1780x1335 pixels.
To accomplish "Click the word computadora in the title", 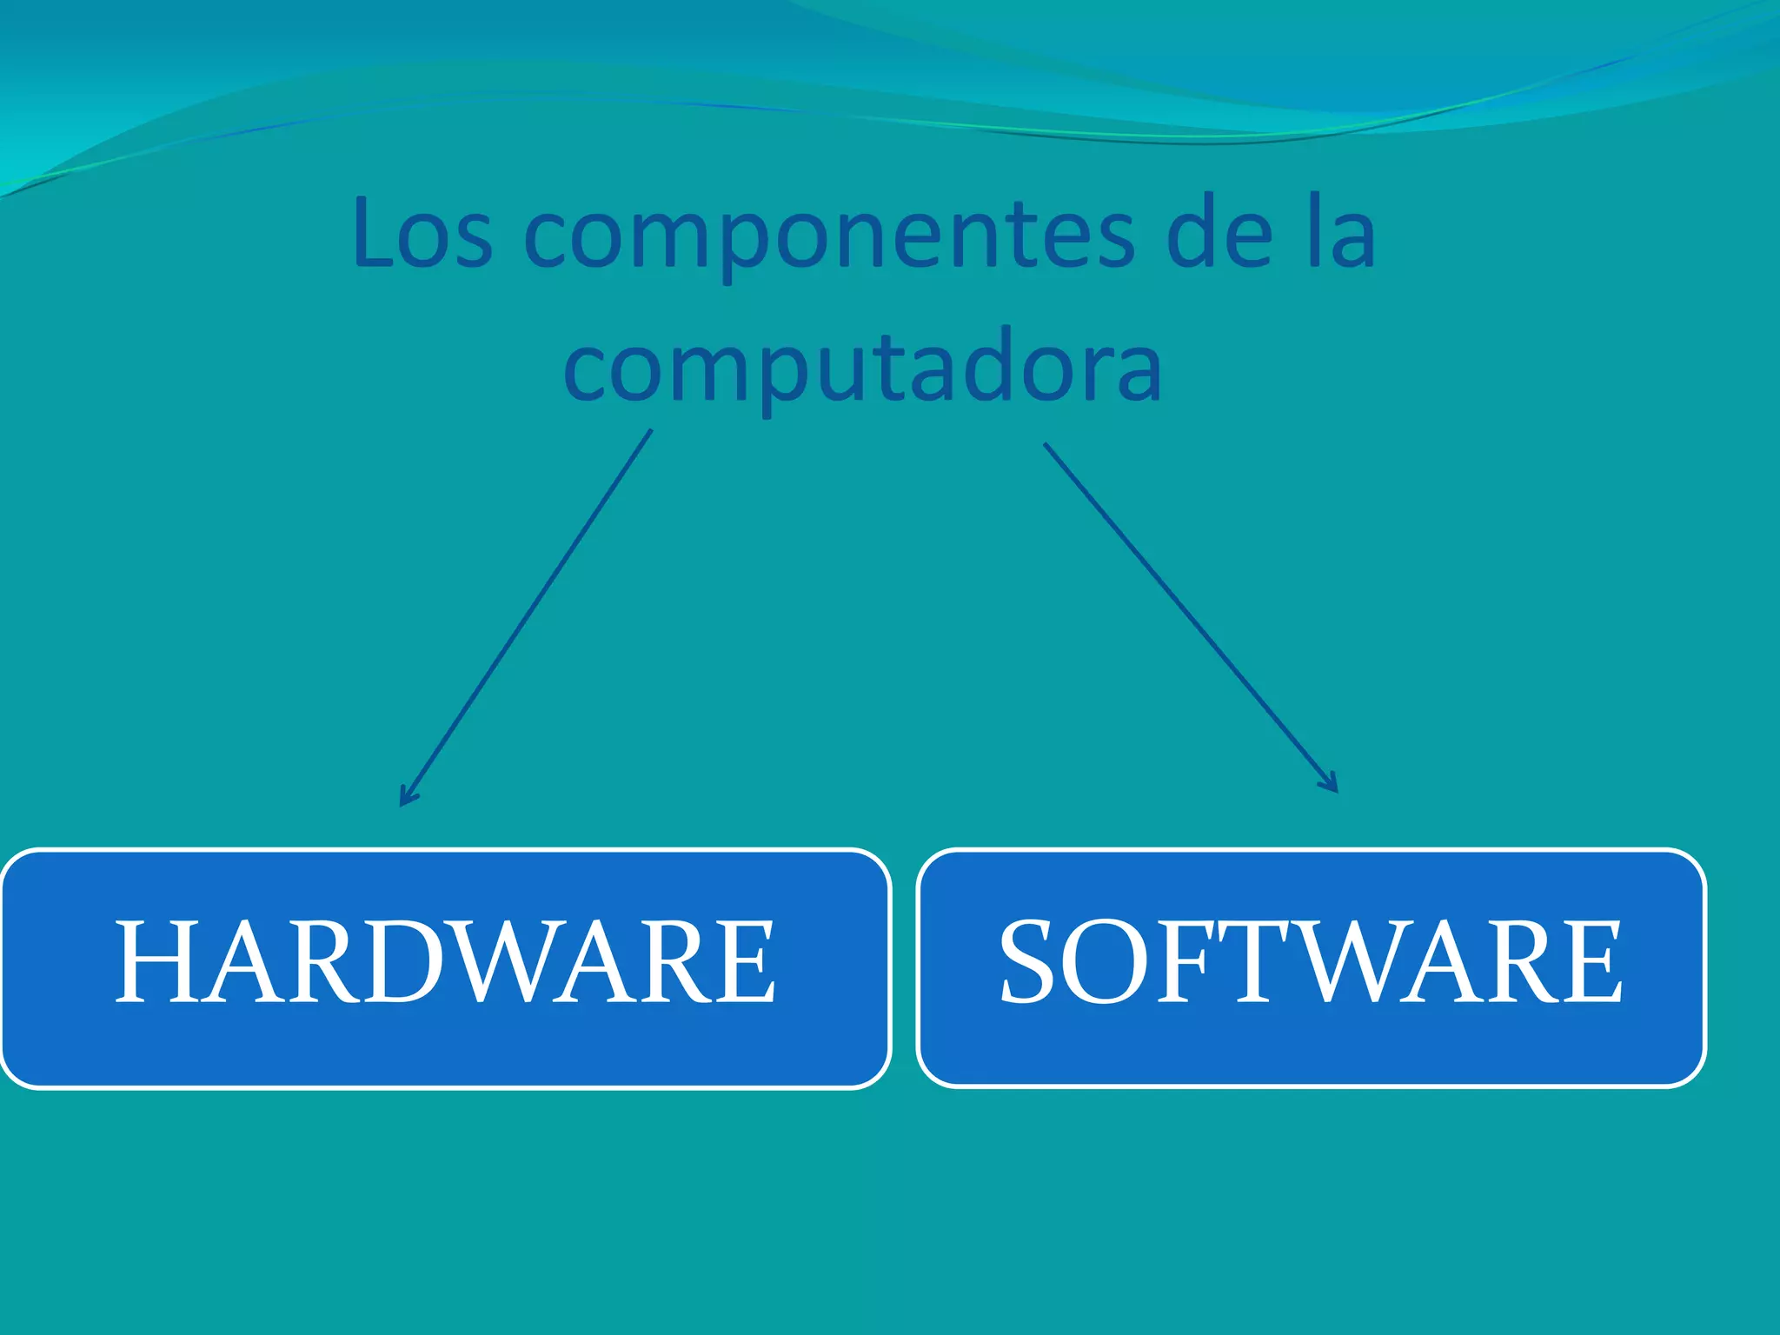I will click(x=862, y=369).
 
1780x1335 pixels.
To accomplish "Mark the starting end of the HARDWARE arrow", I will click(x=650, y=431).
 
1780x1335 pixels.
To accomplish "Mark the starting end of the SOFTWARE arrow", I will click(x=1046, y=445).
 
